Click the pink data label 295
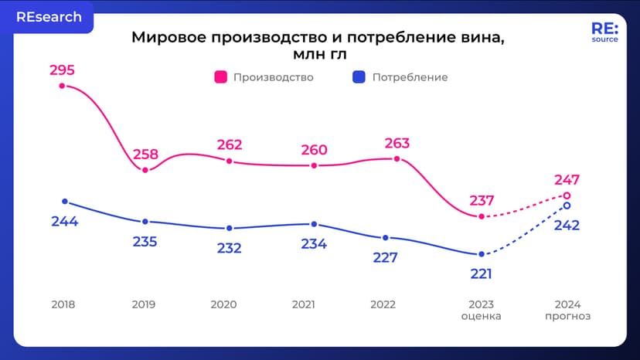(x=62, y=70)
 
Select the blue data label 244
(x=64, y=221)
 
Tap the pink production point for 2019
(x=145, y=170)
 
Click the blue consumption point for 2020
(x=230, y=228)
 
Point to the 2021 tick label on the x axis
(x=303, y=304)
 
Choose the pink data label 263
(x=397, y=143)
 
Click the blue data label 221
(x=481, y=273)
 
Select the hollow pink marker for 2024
(x=567, y=195)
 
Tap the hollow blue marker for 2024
(x=567, y=205)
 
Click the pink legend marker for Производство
(x=220, y=77)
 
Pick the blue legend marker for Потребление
(x=359, y=77)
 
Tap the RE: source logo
(x=604, y=32)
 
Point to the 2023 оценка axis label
(x=481, y=310)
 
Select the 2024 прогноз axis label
(x=567, y=310)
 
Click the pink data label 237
(x=482, y=201)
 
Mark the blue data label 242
(x=567, y=226)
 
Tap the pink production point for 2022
(x=397, y=159)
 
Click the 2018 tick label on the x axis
(x=63, y=304)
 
